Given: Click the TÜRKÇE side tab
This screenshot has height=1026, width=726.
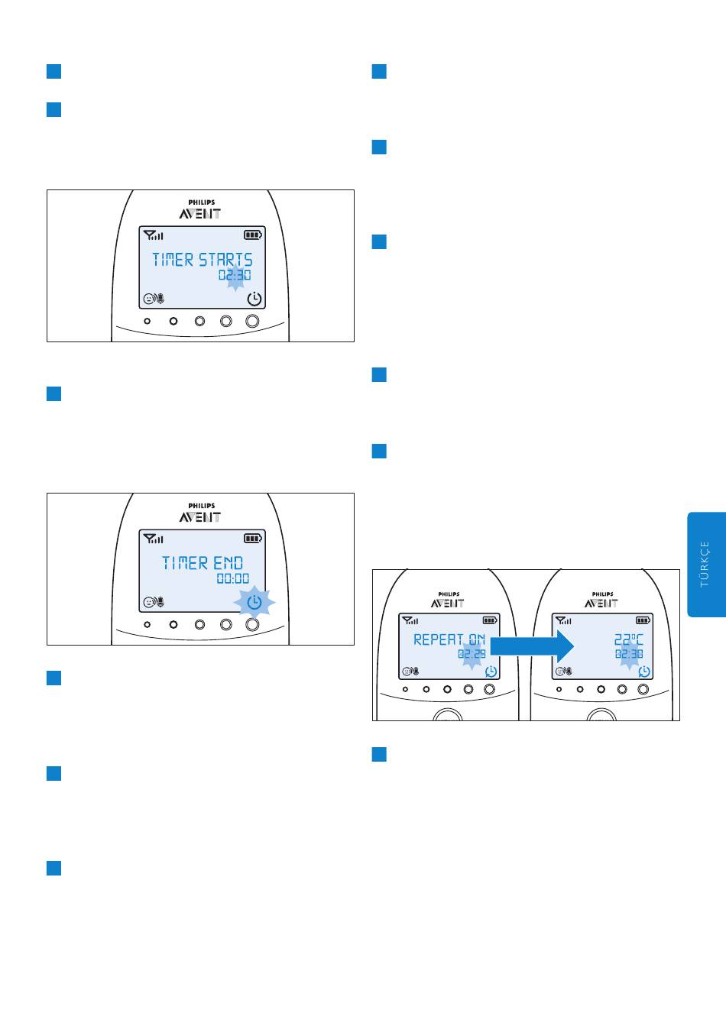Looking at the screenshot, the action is click(706, 565).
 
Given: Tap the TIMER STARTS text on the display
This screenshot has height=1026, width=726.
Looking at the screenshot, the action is click(202, 260).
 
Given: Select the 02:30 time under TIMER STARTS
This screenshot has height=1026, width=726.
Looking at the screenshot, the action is click(235, 275).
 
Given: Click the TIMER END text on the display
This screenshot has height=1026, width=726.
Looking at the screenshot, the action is click(203, 563).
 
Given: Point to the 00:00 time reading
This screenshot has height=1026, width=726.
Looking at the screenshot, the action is click(233, 578).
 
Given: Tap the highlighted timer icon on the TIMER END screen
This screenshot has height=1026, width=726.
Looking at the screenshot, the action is click(254, 602).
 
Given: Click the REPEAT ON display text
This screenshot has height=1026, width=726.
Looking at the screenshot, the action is click(449, 639).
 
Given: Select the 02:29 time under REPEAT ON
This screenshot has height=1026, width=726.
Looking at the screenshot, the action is click(472, 654).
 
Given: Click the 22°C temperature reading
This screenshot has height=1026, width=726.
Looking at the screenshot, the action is click(628, 639).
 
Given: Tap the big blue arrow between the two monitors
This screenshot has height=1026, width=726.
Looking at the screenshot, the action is click(532, 646).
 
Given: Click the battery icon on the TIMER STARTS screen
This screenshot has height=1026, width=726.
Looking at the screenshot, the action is click(253, 235).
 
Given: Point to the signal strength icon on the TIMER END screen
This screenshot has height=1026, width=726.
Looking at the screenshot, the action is click(153, 539).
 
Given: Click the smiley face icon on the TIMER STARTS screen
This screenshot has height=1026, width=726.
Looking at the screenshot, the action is click(148, 299).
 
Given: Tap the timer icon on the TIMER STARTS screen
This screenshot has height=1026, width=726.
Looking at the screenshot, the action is click(254, 299).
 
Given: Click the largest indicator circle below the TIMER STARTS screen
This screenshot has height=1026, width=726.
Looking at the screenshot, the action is click(252, 321).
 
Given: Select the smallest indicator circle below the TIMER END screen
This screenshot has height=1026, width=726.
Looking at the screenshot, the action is click(147, 624).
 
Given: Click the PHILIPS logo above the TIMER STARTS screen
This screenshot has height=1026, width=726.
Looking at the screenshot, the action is click(202, 202).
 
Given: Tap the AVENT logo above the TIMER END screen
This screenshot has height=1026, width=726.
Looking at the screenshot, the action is click(199, 517).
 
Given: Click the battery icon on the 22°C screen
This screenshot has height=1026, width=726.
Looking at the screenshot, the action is click(643, 620).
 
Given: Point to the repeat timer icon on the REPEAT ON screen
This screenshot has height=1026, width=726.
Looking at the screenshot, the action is click(491, 672).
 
